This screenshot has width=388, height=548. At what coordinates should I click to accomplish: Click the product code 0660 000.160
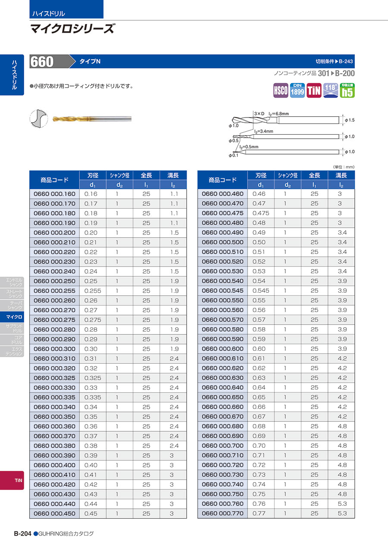(x=54, y=194)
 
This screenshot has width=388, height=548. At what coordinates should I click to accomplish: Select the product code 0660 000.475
(x=222, y=213)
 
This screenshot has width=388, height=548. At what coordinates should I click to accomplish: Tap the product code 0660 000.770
(x=222, y=513)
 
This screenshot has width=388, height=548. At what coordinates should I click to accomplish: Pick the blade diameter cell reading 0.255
(x=93, y=291)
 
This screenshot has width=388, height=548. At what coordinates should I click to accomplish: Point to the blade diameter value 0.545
(x=261, y=291)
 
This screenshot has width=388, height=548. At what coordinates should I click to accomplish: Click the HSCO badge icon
(x=281, y=90)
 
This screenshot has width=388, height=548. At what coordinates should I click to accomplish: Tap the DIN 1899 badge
(x=297, y=90)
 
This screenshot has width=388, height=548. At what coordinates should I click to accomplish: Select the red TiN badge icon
(x=314, y=90)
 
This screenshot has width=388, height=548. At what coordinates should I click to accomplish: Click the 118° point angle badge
(x=331, y=90)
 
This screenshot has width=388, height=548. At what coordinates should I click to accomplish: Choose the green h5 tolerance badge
(x=347, y=90)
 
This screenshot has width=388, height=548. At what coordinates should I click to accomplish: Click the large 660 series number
(x=42, y=62)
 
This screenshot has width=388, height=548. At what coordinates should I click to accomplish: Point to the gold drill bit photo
(x=91, y=119)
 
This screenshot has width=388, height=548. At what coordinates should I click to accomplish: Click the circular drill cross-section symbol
(x=38, y=118)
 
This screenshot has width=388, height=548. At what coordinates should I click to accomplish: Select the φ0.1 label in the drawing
(x=233, y=155)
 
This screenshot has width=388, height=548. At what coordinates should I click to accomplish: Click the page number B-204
(x=22, y=533)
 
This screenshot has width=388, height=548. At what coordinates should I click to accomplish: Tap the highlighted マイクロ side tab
(x=14, y=317)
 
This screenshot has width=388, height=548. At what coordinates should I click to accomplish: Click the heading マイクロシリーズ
(x=72, y=29)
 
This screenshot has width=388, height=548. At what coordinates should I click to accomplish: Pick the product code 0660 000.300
(x=54, y=349)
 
